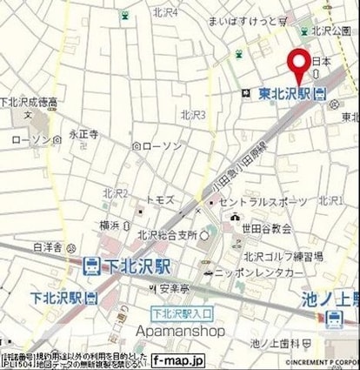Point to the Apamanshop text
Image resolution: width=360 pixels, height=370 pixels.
[181, 331]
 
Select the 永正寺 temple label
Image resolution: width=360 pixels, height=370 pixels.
[83, 135]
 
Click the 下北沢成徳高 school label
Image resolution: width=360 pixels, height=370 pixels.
[29, 102]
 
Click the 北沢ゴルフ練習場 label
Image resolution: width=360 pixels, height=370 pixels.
[283, 257]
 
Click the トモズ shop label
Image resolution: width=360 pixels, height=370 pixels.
[161, 199]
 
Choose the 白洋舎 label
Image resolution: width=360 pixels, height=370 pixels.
[47, 247]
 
